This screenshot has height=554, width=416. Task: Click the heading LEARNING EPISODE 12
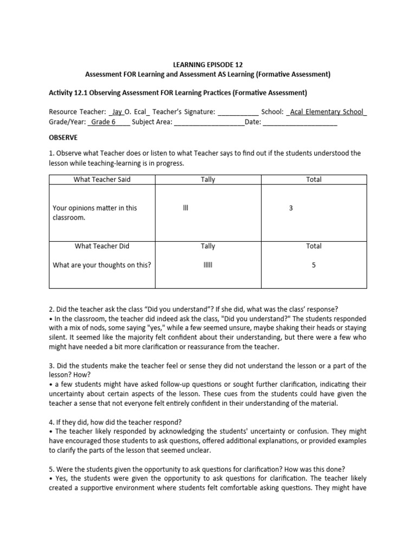(x=207, y=64)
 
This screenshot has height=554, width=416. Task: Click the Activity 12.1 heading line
(x=178, y=93)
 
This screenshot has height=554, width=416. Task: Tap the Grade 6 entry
(x=103, y=122)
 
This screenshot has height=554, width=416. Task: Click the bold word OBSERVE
(x=63, y=137)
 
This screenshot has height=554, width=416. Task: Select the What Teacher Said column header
(x=102, y=180)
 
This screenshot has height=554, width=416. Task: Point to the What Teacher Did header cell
(x=102, y=246)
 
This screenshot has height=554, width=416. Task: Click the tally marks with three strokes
(x=186, y=208)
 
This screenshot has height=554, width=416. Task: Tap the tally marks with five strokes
(x=207, y=265)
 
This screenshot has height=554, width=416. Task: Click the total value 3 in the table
(x=291, y=208)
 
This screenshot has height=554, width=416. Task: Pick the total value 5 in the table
(x=314, y=265)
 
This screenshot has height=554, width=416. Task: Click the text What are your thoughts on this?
(x=101, y=265)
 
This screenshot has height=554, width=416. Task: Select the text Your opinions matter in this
(x=95, y=208)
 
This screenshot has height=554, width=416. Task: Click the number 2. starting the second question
(x=51, y=309)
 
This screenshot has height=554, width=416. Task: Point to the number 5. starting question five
(x=51, y=469)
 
